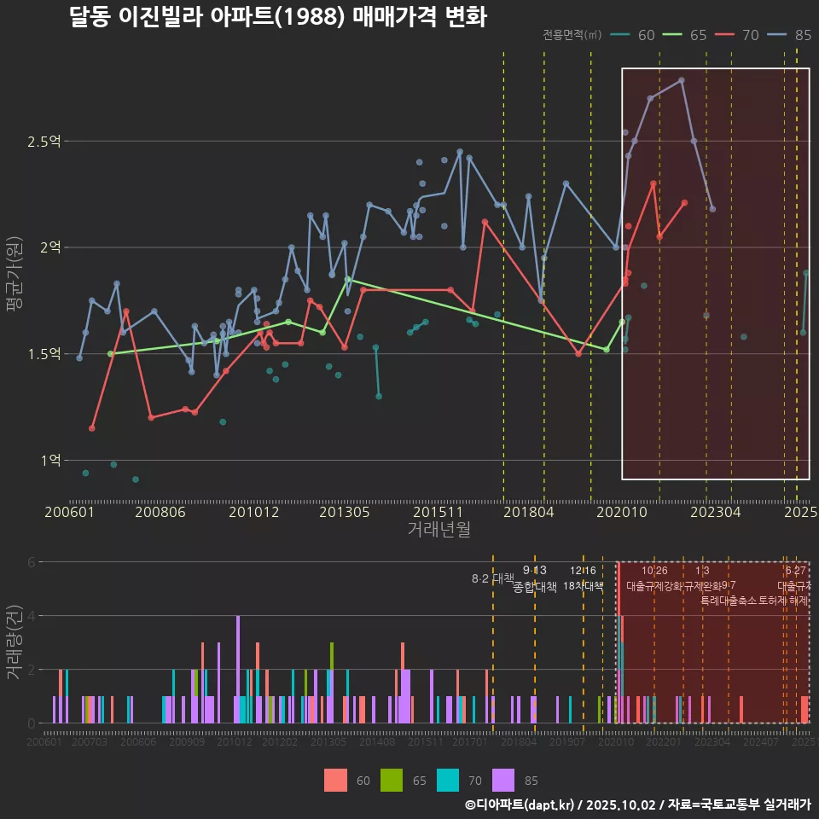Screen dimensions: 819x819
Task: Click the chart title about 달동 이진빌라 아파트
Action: [x=278, y=17]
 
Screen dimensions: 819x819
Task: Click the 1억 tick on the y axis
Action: [x=49, y=461]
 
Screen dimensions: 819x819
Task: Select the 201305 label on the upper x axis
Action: [x=344, y=512]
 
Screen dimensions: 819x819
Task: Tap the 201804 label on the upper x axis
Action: [x=529, y=512]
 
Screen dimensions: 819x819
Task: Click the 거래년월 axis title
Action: [x=439, y=530]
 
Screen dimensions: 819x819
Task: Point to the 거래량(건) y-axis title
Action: [x=14, y=642]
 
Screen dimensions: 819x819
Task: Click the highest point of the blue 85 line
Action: [x=681, y=80]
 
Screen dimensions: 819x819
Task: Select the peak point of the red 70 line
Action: [x=653, y=183]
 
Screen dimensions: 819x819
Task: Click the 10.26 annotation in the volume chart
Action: [x=654, y=571]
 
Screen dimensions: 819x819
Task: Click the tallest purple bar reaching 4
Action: [x=238, y=669]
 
